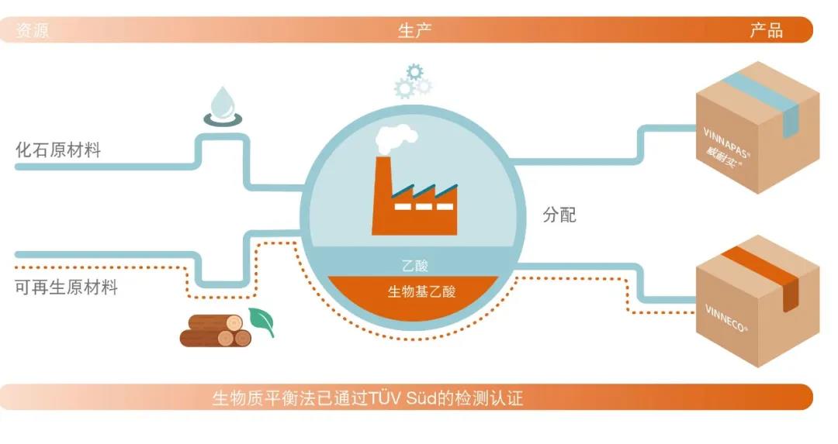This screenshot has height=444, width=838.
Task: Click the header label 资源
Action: click(x=33, y=31)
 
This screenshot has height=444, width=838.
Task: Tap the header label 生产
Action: click(x=414, y=31)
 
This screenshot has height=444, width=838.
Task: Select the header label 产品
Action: click(x=766, y=31)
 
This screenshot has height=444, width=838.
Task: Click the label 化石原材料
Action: click(x=58, y=150)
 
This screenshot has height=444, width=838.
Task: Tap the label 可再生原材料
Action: click(x=67, y=287)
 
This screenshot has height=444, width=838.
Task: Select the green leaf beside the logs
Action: click(x=261, y=321)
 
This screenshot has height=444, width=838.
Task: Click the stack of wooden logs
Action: click(x=216, y=331)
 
